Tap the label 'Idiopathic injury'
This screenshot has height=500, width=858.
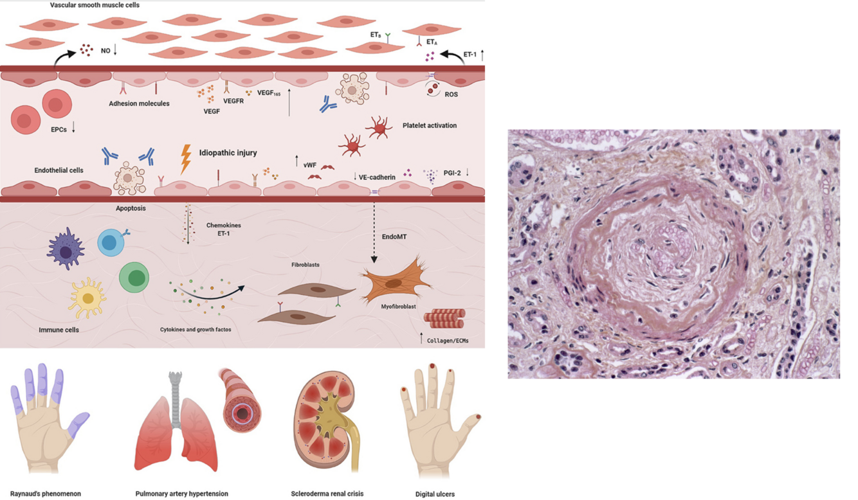(228, 153)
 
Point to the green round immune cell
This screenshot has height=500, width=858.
(134, 277)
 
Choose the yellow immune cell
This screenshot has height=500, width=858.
(87, 297)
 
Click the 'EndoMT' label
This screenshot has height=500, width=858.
(394, 237)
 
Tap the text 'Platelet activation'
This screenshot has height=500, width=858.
(429, 125)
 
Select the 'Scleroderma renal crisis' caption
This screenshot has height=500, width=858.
(327, 494)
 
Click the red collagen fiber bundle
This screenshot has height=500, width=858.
(444, 318)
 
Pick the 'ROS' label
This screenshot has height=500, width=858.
(451, 94)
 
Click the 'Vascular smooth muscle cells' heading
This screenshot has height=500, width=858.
(95, 5)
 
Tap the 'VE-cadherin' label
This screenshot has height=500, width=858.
(377, 177)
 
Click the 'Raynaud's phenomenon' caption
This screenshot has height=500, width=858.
(46, 494)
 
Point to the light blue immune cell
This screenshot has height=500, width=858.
(110, 243)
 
